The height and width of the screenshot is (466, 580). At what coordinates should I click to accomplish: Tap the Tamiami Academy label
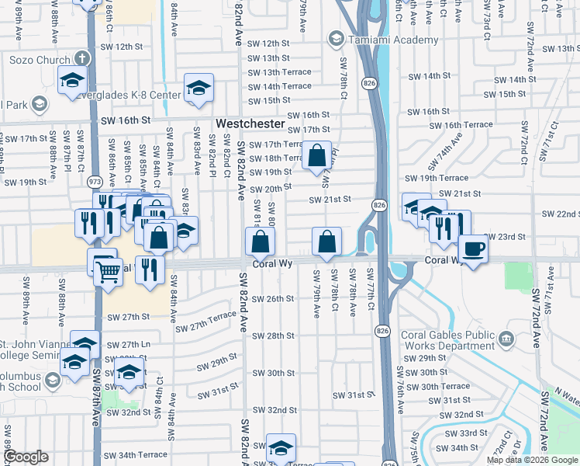(x=378, y=38)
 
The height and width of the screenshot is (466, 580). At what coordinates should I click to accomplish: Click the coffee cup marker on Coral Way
(x=472, y=249)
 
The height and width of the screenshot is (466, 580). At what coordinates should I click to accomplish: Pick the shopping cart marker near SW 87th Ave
(x=108, y=271)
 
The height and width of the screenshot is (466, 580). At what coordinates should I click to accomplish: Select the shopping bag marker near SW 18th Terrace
(x=316, y=155)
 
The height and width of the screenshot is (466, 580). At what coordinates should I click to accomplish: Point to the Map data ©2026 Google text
(x=531, y=460)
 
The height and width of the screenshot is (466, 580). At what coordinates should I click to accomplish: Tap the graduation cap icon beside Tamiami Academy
(x=336, y=38)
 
